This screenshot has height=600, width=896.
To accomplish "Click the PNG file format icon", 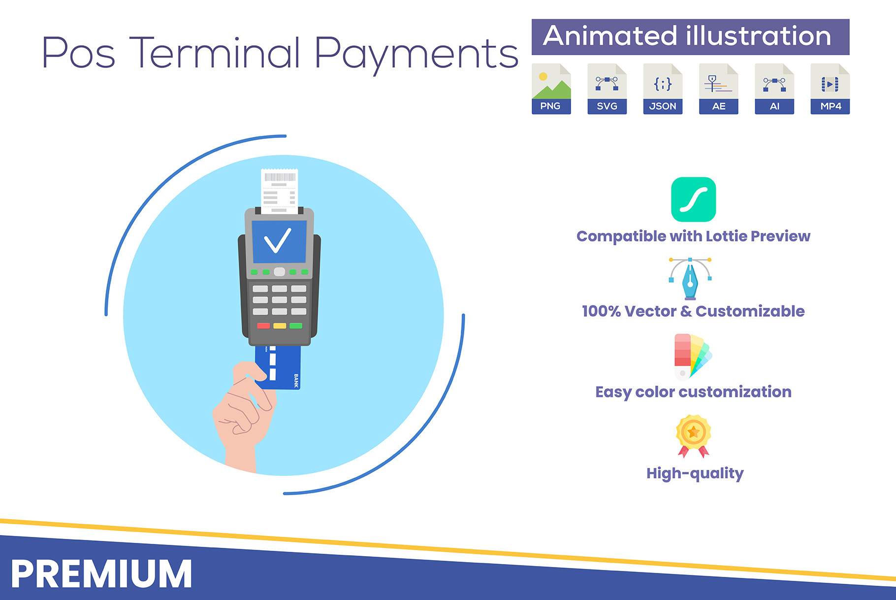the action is click(551, 89).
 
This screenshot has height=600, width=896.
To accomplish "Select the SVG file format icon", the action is click(607, 89).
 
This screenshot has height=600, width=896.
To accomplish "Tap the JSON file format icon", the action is click(663, 89).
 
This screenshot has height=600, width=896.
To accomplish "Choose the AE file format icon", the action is click(719, 89).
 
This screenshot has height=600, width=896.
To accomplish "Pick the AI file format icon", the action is click(774, 89).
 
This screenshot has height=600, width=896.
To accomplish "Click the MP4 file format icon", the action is click(830, 89).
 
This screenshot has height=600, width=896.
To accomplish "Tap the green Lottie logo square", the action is click(694, 200).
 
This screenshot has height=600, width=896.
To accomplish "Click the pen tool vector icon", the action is click(690, 279).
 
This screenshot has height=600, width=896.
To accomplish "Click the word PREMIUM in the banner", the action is click(101, 574).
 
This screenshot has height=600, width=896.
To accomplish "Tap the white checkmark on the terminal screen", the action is click(278, 240).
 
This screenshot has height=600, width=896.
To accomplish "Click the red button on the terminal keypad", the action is click(263, 326).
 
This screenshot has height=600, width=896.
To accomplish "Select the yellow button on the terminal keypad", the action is click(280, 326).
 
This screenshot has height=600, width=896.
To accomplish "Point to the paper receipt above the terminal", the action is click(279, 191).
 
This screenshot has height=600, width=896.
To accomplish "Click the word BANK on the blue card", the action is click(296, 381).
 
